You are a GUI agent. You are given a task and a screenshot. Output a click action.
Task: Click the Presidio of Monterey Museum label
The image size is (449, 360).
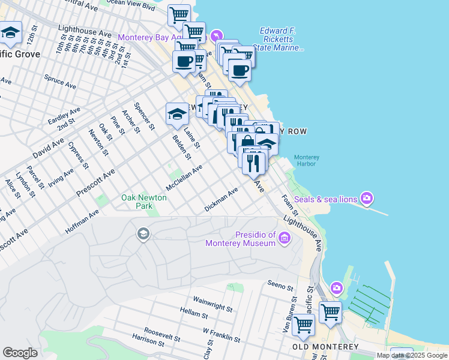pyautogui.click(x=248, y=239)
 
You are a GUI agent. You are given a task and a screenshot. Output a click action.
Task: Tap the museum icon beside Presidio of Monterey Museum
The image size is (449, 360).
pyautogui.click(x=285, y=239)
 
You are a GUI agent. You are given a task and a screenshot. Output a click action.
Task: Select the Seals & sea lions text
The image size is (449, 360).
pyautogui.click(x=330, y=199)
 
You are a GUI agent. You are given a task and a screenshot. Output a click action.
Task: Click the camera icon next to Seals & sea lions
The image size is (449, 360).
pyautogui.click(x=367, y=199)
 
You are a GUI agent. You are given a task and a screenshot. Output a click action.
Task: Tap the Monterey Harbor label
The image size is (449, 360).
pyautogui.click(x=307, y=161)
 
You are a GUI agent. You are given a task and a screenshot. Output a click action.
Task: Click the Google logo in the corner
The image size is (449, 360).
pyautogui.click(x=20, y=353)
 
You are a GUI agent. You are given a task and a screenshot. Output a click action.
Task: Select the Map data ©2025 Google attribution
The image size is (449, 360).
pyautogui.click(x=412, y=355)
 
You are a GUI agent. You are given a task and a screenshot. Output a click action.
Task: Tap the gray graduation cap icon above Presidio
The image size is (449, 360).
pyautogui.click(x=143, y=233)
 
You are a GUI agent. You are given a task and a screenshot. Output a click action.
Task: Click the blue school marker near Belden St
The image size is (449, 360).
pyautogui.click(x=178, y=114)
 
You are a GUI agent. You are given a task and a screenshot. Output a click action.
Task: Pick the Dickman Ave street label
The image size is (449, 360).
pyautogui.click(x=221, y=196)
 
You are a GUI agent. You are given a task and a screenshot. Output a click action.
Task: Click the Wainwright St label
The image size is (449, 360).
pyautogui.click(x=212, y=304)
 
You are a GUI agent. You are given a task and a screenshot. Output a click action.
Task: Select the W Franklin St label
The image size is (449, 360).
pyautogui.click(x=221, y=334)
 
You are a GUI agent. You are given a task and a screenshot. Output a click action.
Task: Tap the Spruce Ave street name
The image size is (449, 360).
pyautogui.click(x=60, y=82)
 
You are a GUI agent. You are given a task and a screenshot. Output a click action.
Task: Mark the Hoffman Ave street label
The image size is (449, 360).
pyautogui.click(x=82, y=221)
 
